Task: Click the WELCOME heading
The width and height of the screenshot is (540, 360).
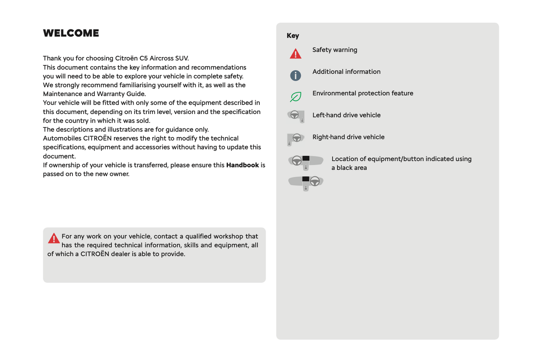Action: tap(71, 33)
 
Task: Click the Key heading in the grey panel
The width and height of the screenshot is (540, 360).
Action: tap(293, 36)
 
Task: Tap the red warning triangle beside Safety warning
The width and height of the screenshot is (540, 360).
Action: tap(296, 54)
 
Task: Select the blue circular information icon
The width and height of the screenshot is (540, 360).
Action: tap(296, 76)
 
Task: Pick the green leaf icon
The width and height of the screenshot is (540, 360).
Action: tap(296, 97)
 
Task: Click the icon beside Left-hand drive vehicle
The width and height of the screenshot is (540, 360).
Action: tap(296, 116)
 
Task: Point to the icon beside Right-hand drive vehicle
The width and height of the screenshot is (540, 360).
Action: tap(296, 139)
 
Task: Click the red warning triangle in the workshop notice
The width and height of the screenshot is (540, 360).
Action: tap(54, 238)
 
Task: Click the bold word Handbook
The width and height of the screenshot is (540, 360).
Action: tap(243, 165)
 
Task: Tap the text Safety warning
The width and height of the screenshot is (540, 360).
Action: tap(334, 50)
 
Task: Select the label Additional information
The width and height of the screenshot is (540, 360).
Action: tap(346, 72)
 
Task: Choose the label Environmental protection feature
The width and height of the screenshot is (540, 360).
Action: tap(362, 93)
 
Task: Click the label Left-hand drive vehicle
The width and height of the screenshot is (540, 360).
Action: tap(346, 115)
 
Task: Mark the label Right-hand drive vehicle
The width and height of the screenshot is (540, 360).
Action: tap(348, 137)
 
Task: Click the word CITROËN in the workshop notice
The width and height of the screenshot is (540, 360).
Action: tap(95, 254)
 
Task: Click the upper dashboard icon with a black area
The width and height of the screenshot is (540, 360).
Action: tap(306, 162)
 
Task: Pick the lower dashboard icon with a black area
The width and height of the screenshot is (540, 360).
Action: tap(306, 183)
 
